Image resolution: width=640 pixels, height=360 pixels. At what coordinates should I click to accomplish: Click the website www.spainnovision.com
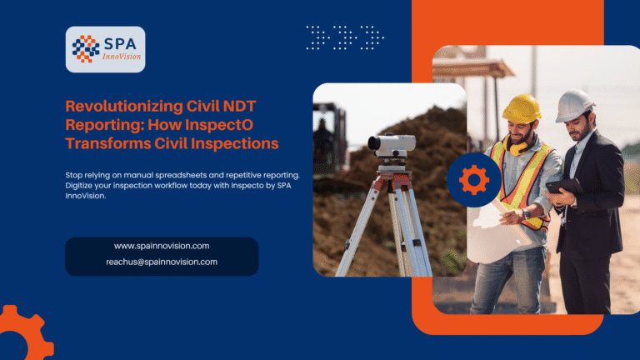162,246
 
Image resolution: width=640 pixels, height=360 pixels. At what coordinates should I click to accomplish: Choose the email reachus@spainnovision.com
162,262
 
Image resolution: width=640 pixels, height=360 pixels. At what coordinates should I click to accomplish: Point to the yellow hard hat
522,107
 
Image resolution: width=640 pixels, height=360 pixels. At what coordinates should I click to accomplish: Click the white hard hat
574,105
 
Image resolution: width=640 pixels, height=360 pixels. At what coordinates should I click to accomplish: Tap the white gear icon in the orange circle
473,179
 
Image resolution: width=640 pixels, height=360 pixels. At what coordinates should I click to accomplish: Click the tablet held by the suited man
566,187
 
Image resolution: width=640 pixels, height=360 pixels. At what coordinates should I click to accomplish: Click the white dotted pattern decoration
345,37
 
